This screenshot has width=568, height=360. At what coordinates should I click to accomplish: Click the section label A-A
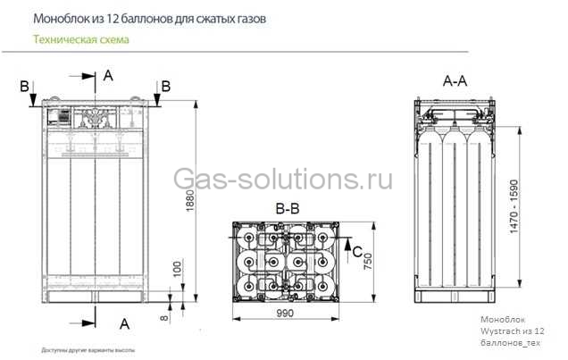coord(455,80)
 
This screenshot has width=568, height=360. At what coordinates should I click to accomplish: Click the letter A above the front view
coord(108,76)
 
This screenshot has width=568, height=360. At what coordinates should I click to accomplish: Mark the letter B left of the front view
coord(24,86)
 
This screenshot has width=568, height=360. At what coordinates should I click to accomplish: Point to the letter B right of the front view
coord(166,86)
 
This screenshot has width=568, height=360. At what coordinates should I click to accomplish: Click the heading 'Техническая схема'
coord(80,40)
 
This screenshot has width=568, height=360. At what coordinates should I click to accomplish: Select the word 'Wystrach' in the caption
coord(500,331)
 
